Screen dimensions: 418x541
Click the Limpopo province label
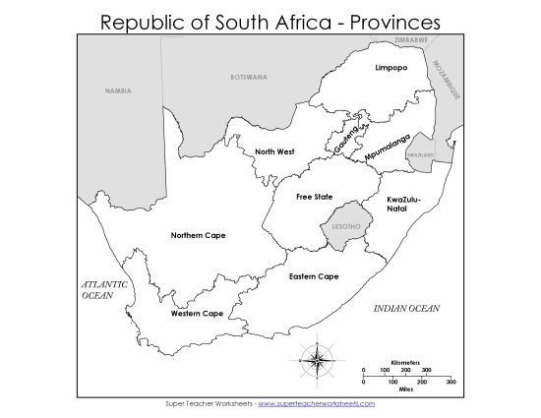point(391,68)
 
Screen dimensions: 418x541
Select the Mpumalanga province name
point(387,148)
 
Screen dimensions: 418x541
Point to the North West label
point(274,151)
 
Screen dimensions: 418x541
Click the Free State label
point(314,197)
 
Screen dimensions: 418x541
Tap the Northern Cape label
point(198,235)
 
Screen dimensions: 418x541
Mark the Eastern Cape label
point(314,276)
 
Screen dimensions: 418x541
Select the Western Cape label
point(197,314)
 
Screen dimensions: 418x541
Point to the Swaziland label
point(420,155)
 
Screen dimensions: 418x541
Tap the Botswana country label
point(247,77)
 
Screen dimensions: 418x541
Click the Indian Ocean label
point(406,309)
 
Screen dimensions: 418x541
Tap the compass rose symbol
point(320,359)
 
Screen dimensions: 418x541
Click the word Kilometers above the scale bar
point(407,362)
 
